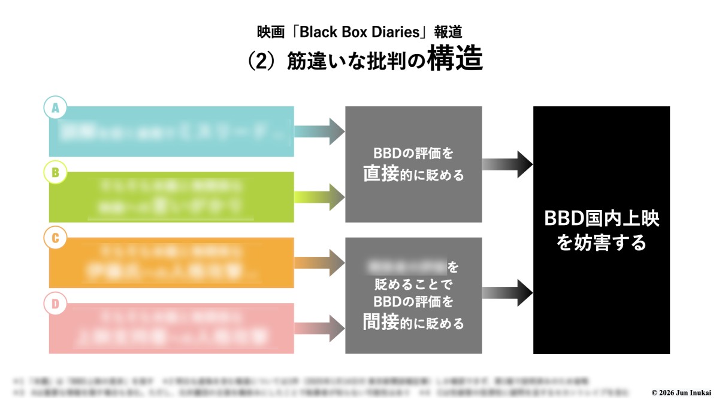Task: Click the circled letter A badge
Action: [x=56, y=108]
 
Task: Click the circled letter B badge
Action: [x=56, y=173]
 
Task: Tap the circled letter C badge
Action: [x=56, y=239]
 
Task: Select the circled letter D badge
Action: [x=56, y=304]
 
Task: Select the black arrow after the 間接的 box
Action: [x=507, y=293]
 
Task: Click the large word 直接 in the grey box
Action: [x=381, y=174]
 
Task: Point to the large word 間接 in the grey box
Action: [x=381, y=322]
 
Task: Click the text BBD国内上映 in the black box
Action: [x=602, y=218]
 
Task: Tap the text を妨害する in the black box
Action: [x=602, y=242]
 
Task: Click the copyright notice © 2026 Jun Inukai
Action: [x=681, y=392]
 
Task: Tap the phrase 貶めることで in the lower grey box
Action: [x=413, y=283]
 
